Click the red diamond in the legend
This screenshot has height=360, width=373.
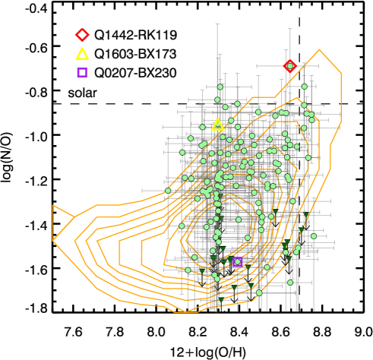(x=82, y=35)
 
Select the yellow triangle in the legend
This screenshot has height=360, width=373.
(x=82, y=54)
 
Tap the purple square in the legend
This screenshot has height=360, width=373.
(x=82, y=73)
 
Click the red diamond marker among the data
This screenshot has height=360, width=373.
(x=289, y=66)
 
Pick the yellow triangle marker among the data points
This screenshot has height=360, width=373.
(x=218, y=124)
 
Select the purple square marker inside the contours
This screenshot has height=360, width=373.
(x=237, y=261)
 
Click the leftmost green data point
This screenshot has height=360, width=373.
(x=168, y=191)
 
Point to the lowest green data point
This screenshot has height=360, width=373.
(x=259, y=292)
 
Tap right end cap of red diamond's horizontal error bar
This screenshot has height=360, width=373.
(x=322, y=66)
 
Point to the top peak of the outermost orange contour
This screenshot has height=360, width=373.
(x=319, y=50)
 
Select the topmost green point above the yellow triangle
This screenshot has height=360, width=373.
(x=220, y=87)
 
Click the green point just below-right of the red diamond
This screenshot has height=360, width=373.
(x=304, y=87)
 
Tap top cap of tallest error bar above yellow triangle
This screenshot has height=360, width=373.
(x=218, y=24)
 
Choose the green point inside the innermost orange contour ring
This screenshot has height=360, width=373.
(x=238, y=220)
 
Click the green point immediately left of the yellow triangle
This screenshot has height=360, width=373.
(x=202, y=127)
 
